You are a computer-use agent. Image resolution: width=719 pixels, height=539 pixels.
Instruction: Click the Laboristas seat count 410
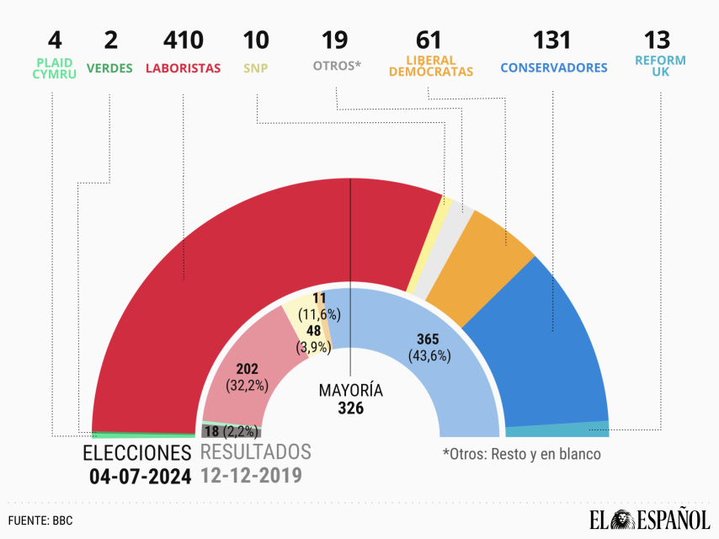tap(184, 40)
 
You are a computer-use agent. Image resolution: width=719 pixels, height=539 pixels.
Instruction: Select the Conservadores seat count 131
tap(552, 40)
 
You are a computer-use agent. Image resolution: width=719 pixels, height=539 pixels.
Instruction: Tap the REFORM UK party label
tap(661, 67)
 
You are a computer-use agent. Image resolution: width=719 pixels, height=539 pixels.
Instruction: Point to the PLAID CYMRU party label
tap(55, 67)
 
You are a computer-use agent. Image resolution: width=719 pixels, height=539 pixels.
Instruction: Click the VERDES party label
tap(110, 67)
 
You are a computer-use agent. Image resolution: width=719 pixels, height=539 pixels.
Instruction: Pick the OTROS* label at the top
tap(337, 67)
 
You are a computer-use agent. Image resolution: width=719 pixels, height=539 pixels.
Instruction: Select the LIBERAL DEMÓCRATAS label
tap(431, 67)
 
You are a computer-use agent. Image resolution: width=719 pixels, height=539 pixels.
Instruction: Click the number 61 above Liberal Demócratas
tap(430, 40)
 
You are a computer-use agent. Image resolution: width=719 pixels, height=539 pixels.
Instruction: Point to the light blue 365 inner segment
tap(421, 354)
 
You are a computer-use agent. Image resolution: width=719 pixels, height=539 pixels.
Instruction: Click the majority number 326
tap(350, 408)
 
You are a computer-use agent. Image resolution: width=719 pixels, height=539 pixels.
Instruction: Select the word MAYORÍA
tap(350, 391)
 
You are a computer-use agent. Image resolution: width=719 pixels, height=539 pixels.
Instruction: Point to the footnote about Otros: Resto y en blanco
tap(522, 454)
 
